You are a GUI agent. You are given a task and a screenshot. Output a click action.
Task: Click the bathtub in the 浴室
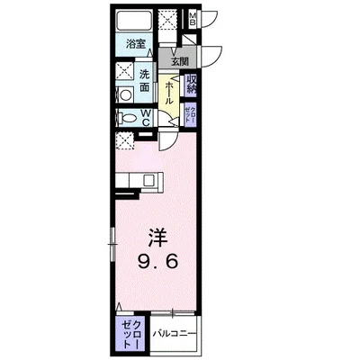pyautogui.click(x=135, y=22)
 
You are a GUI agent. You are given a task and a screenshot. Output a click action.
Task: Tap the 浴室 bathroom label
pyautogui.click(x=136, y=43)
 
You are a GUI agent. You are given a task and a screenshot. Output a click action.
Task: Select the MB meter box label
pyautogui.click(x=193, y=19)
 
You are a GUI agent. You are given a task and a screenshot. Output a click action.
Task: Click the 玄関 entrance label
pyautogui.click(x=178, y=60)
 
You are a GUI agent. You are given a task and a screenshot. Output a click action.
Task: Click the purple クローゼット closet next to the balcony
pyautogui.click(x=129, y=333)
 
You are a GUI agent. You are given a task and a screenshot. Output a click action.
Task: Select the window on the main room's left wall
pyautogui.click(x=112, y=238)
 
